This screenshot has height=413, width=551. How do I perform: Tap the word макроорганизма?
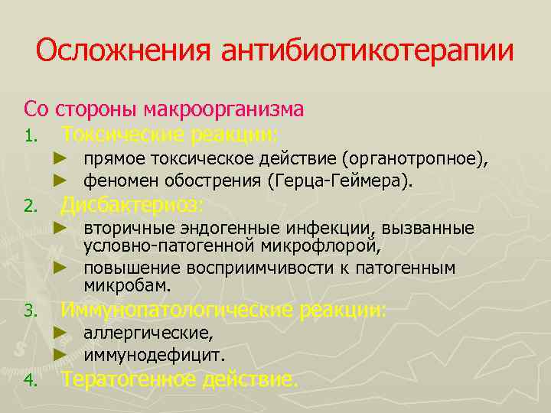click(x=230, y=109)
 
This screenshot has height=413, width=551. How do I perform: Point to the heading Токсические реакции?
click(x=171, y=135)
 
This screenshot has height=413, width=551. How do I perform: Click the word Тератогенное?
click(x=129, y=379)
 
